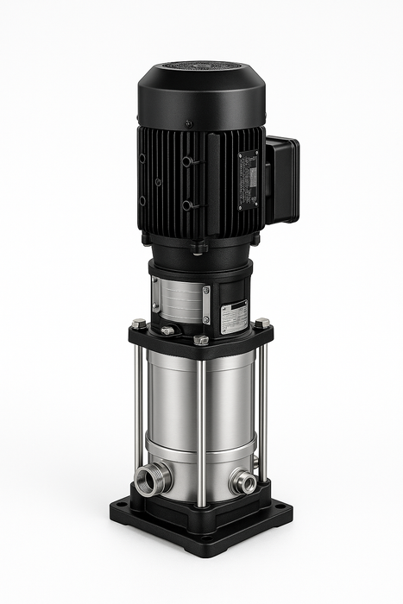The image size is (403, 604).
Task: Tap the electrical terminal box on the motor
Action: [282, 179]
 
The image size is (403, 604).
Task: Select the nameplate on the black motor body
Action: [249, 179]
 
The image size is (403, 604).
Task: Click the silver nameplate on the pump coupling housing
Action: [233, 317]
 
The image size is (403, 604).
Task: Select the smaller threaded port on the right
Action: [244, 481]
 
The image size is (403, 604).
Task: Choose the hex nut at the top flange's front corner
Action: [201, 339]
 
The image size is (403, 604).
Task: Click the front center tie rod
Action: [201, 431]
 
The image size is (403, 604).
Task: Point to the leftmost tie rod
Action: [138, 414]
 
